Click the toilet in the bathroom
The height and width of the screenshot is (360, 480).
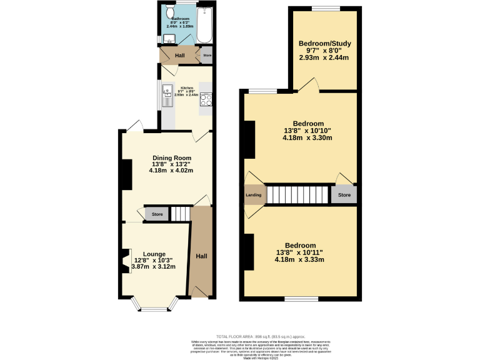point(170,14)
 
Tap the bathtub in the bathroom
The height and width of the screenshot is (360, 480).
point(205,25)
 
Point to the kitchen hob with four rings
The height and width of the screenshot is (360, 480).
point(206,98)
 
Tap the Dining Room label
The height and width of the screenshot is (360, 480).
point(172,158)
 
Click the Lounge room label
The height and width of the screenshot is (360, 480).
point(154,254)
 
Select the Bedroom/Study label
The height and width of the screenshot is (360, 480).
point(324,44)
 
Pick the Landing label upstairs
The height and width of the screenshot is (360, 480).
point(254,195)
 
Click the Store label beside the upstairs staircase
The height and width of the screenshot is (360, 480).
point(344,195)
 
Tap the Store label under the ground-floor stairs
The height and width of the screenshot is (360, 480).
point(157,215)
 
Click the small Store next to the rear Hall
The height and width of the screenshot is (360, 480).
point(207,56)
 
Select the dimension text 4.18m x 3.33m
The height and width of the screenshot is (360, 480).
point(299,260)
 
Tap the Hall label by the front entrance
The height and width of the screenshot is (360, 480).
point(201,257)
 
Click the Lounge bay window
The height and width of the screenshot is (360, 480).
point(153,308)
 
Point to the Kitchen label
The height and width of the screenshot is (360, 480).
point(187,88)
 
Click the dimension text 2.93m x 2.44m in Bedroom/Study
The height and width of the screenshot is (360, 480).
point(324,57)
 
